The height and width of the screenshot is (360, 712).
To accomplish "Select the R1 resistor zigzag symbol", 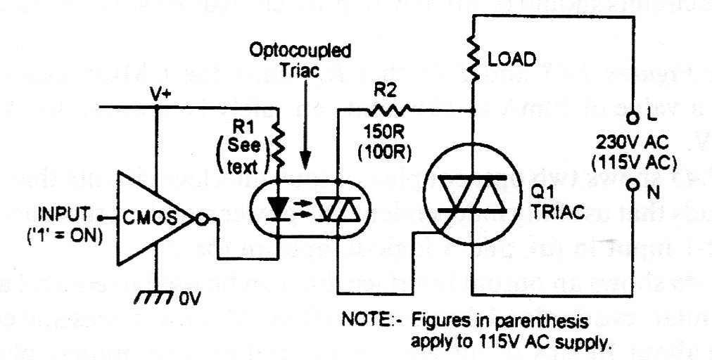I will [279, 144].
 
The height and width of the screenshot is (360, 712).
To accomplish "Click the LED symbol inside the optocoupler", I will [279, 205].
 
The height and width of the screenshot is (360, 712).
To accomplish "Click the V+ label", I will [160, 94].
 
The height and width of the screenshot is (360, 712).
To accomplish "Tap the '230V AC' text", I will [632, 139].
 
